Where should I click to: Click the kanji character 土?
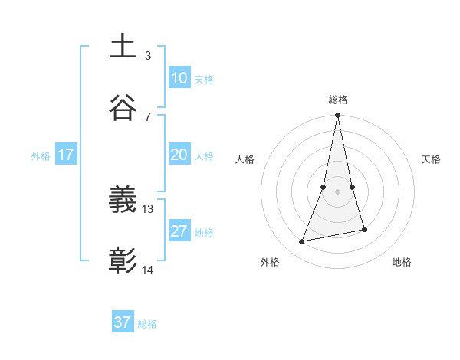click(123, 46)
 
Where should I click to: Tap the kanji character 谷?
click(123, 107)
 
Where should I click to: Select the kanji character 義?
click(123, 201)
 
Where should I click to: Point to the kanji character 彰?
click(123, 262)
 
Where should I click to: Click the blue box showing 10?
click(179, 78)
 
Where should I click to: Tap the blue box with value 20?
click(179, 155)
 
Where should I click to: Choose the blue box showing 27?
click(179, 231)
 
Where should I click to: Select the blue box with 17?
click(66, 155)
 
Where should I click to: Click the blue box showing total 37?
click(123, 322)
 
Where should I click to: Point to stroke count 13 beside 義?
click(148, 208)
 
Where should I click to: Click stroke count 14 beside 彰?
click(148, 270)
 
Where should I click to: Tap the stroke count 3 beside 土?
click(148, 55)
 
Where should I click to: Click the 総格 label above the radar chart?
click(338, 100)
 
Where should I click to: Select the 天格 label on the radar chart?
click(432, 159)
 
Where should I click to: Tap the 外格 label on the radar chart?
click(270, 262)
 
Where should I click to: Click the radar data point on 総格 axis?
click(338, 116)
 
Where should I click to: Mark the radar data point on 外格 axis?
click(302, 242)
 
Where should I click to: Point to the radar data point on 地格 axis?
click(365, 229)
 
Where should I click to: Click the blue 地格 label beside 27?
click(204, 233)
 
